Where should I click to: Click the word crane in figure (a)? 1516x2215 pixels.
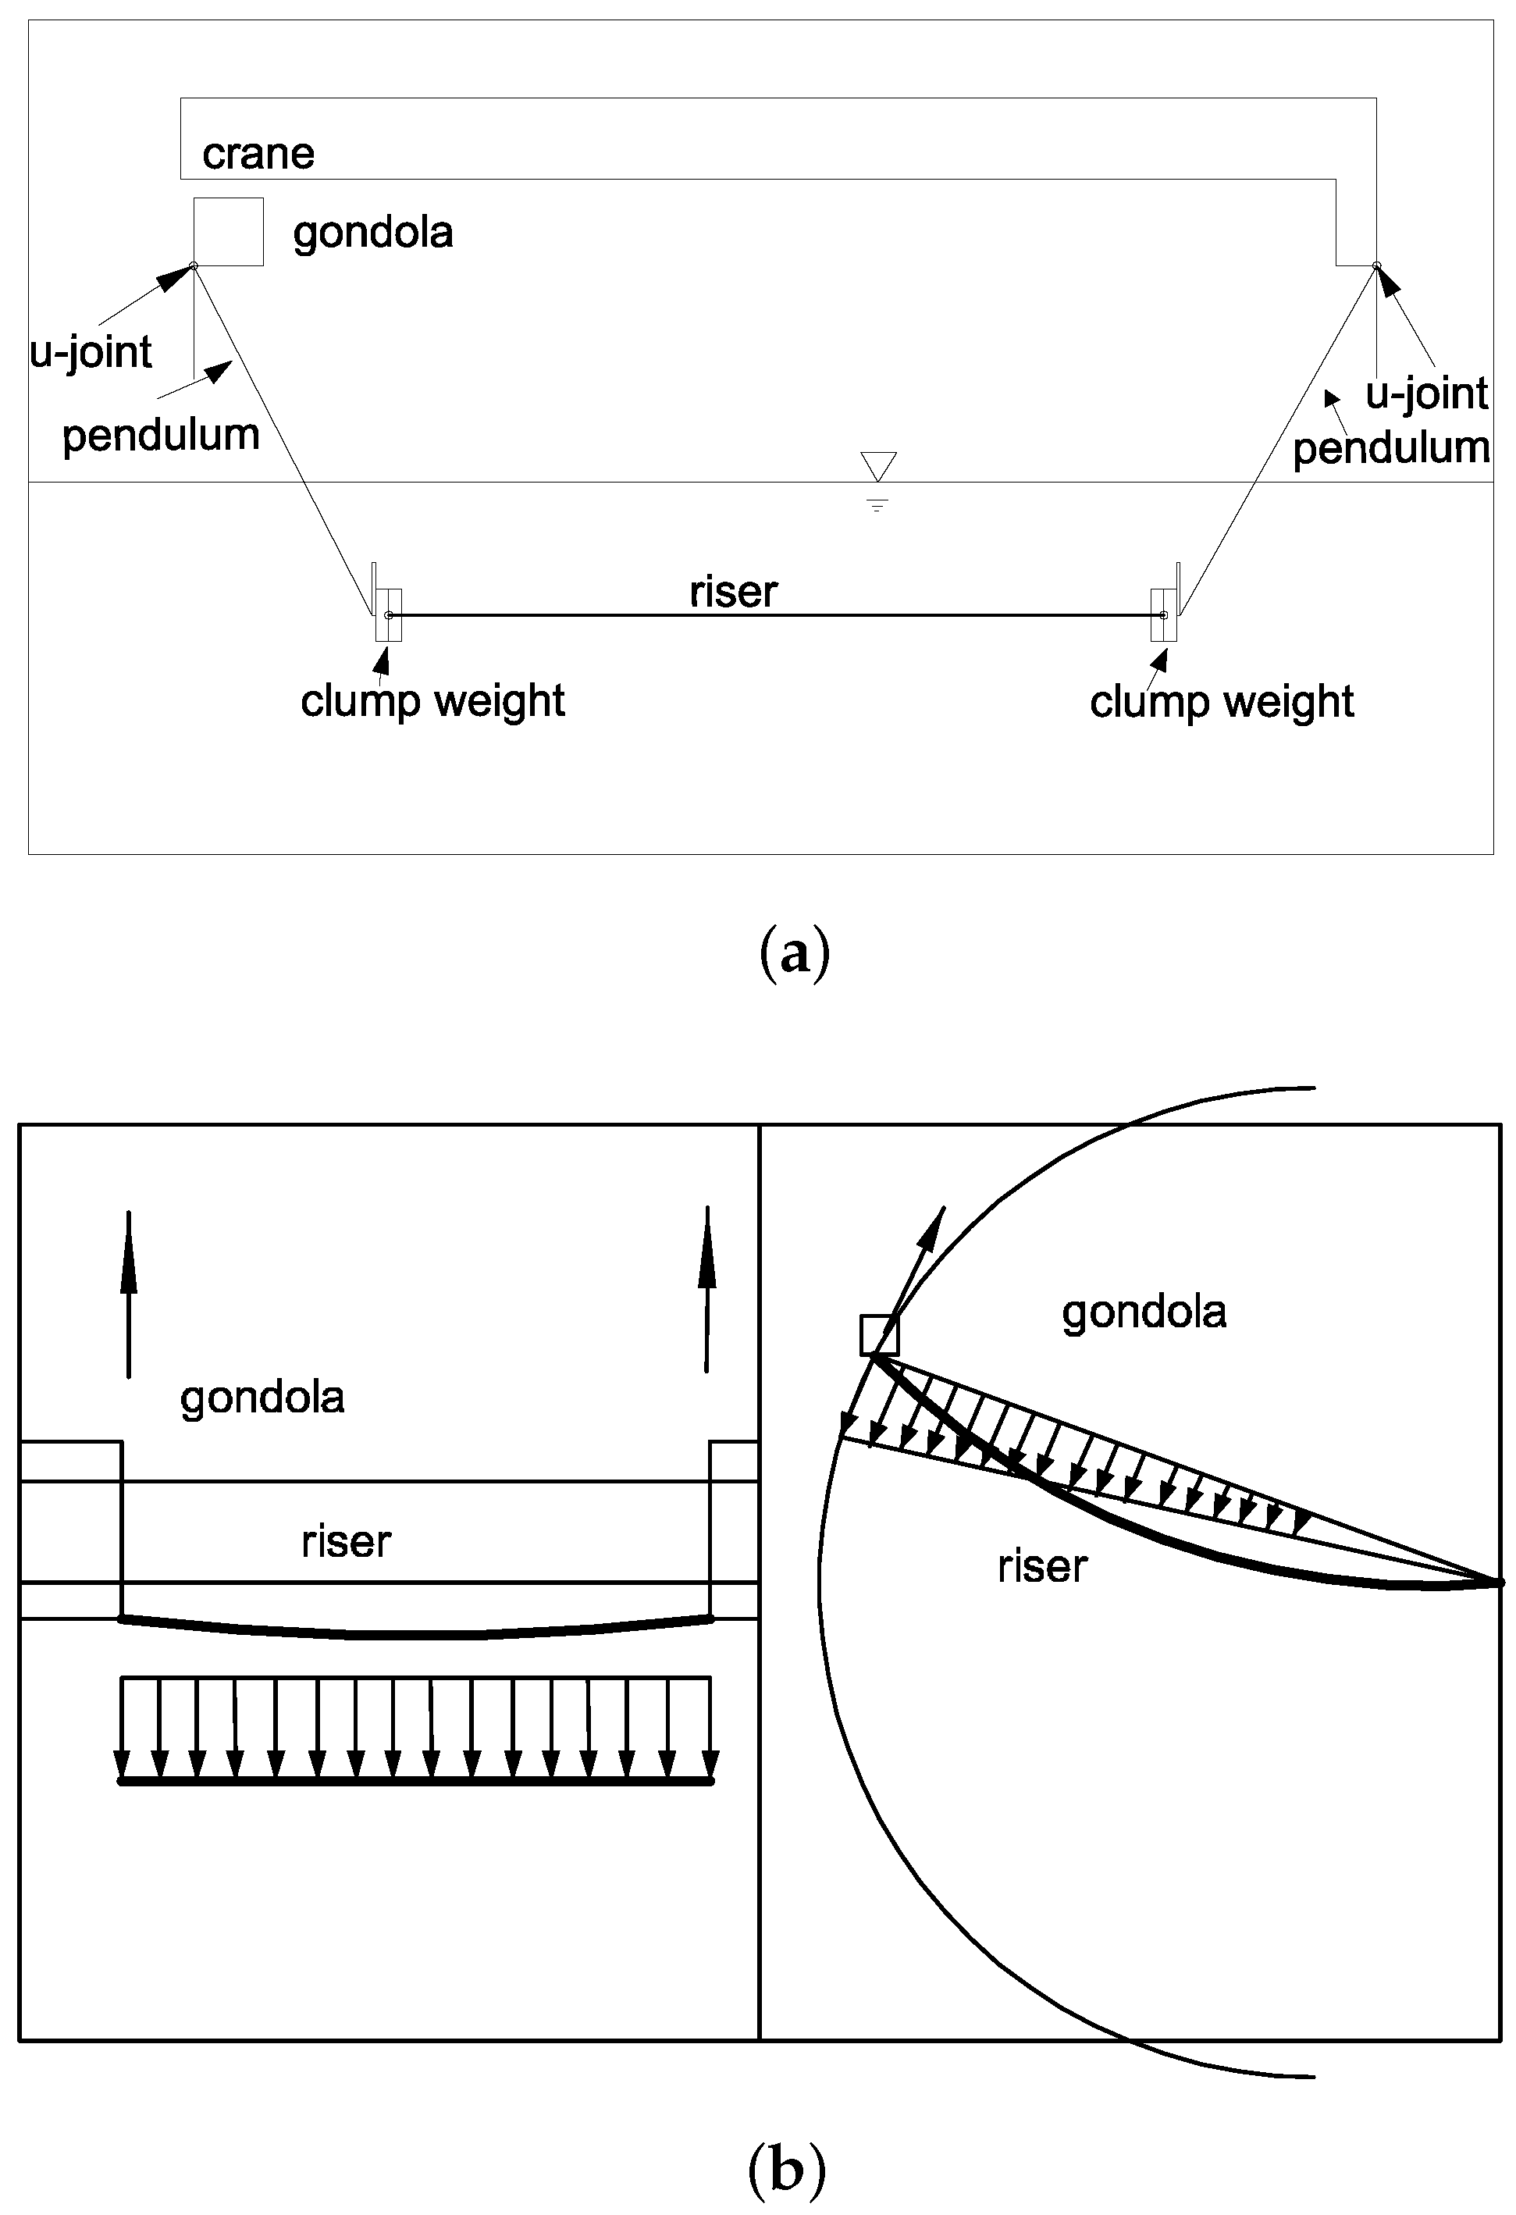tap(258, 154)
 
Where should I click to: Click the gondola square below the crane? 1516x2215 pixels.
tap(228, 232)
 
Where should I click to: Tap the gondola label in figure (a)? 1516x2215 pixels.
tap(372, 233)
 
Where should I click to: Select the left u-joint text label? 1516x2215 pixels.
tap(91, 351)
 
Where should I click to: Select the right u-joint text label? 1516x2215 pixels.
tap(1425, 393)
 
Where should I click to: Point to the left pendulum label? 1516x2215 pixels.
tap(161, 436)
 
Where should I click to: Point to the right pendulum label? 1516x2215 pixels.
tap(1390, 447)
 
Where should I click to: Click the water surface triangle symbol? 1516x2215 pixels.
tap(877, 466)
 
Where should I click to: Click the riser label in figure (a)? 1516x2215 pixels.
tap(733, 592)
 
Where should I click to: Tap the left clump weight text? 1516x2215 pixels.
tap(432, 701)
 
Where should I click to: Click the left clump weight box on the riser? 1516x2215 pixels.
tap(388, 614)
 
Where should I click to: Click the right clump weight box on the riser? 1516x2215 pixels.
tap(1162, 614)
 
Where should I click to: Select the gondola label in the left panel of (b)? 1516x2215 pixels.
tap(262, 1398)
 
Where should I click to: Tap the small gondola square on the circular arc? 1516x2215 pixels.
tap(878, 1334)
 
